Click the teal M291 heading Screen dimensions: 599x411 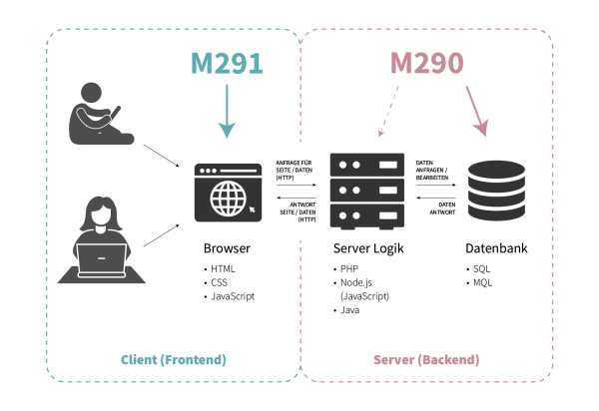click(x=227, y=63)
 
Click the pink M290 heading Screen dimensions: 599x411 click(x=426, y=63)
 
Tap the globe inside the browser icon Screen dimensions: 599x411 click(x=229, y=199)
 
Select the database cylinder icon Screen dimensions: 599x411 click(x=496, y=191)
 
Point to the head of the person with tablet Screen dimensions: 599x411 click(x=91, y=93)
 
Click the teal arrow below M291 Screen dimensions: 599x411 click(x=227, y=111)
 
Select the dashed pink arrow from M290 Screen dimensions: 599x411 click(x=388, y=111)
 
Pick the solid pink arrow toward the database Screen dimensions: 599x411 click(x=477, y=111)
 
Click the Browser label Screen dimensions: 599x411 click(x=227, y=248)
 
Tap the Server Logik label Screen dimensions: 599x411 click(x=368, y=248)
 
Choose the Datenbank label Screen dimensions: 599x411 click(x=496, y=248)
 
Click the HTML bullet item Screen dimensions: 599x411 click(x=223, y=269)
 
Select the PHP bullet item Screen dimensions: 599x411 click(x=349, y=269)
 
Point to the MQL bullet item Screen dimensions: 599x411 click(x=482, y=282)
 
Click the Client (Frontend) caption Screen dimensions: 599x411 click(x=174, y=360)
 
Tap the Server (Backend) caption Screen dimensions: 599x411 click(x=426, y=360)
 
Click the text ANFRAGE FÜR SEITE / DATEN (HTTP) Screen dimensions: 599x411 click(x=295, y=171)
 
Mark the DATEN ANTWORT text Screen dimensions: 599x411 click(x=442, y=208)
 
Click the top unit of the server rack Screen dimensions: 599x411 click(x=367, y=165)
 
